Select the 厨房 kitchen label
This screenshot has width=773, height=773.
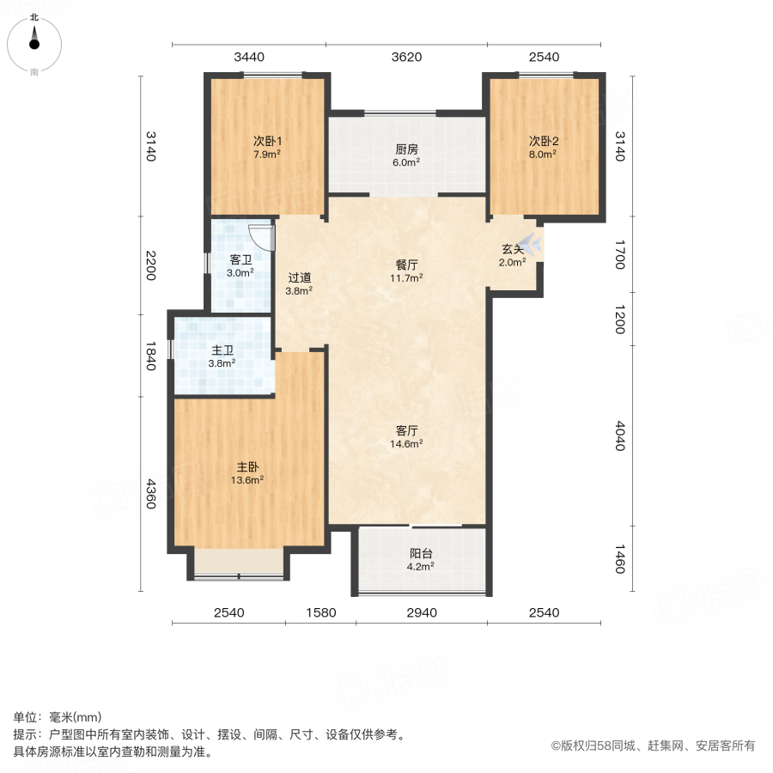[x=406, y=149]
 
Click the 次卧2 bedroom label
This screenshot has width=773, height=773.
[x=543, y=142]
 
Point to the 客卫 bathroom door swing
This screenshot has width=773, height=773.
[x=261, y=236]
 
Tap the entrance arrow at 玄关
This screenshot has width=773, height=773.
[x=533, y=246]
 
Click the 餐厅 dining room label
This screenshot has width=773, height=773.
[x=406, y=265]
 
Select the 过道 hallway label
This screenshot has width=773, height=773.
[x=299, y=277]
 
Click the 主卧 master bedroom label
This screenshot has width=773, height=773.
[x=249, y=467]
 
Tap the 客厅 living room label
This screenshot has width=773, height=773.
[x=406, y=431]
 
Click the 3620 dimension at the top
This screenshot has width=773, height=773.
[x=406, y=58]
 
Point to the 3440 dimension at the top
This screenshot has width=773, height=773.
[x=249, y=58]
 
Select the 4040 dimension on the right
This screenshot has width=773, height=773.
[x=620, y=436]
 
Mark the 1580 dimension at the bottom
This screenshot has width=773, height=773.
[x=320, y=612]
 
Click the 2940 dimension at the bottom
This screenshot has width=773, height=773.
[x=422, y=612]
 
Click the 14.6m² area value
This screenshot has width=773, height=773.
[x=406, y=444]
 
